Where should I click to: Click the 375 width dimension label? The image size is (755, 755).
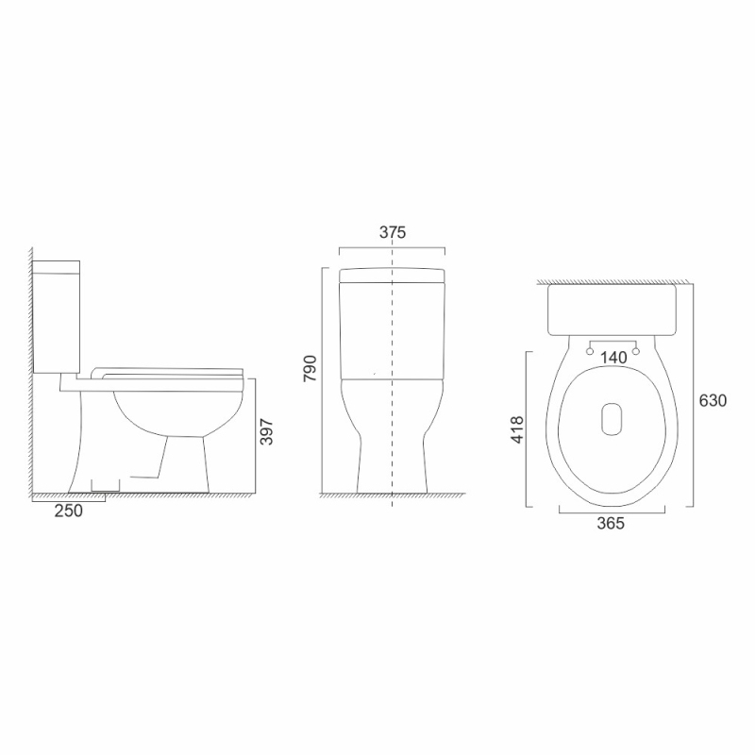click(393, 232)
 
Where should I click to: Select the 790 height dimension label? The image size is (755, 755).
click(310, 368)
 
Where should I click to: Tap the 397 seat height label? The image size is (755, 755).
click(266, 432)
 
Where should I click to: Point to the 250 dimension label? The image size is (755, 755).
click(68, 511)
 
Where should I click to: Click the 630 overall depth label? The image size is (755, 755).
click(713, 400)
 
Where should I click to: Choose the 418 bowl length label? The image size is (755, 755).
click(516, 430)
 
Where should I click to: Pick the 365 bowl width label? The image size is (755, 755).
click(611, 523)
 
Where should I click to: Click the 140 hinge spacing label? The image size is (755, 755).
click(614, 358)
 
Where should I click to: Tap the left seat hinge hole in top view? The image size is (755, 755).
click(590, 351)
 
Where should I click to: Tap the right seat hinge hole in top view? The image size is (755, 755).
click(635, 351)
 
